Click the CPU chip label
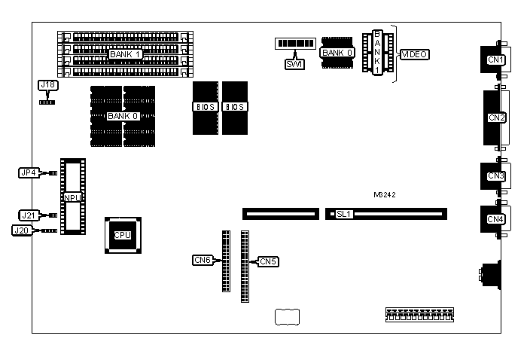tap(122, 235)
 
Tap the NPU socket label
tap(72, 197)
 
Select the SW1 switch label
tap(294, 64)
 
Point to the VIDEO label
tap(415, 55)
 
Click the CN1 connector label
tap(495, 59)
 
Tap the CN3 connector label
tap(495, 176)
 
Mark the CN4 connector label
tap(495, 219)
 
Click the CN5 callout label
tap(268, 261)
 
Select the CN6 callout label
tap(202, 261)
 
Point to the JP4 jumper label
tap(28, 172)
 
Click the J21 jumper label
tap(28, 215)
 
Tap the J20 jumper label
tap(21, 230)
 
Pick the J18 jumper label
tap(47, 85)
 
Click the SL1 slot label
tap(344, 215)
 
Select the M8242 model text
tap(384, 194)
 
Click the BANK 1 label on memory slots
tap(125, 54)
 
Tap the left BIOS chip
tap(204, 107)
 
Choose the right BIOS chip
tap(234, 107)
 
